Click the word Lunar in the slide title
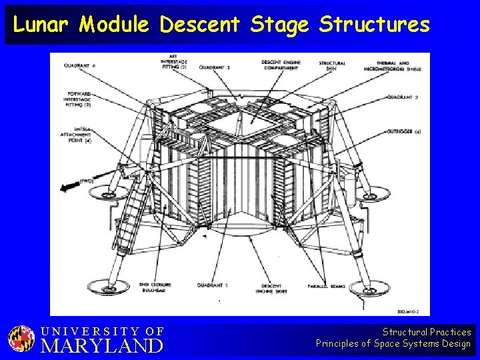[42, 25]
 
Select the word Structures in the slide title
[374, 25]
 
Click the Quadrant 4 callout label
[81, 65]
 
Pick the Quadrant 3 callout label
[215, 67]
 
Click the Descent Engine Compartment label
[281, 64]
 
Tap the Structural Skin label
[331, 64]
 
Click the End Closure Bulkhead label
[155, 287]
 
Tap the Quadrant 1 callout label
[213, 285]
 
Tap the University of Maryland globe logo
[21, 339]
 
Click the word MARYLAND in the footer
[102, 345]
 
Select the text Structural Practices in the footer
[427, 331]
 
